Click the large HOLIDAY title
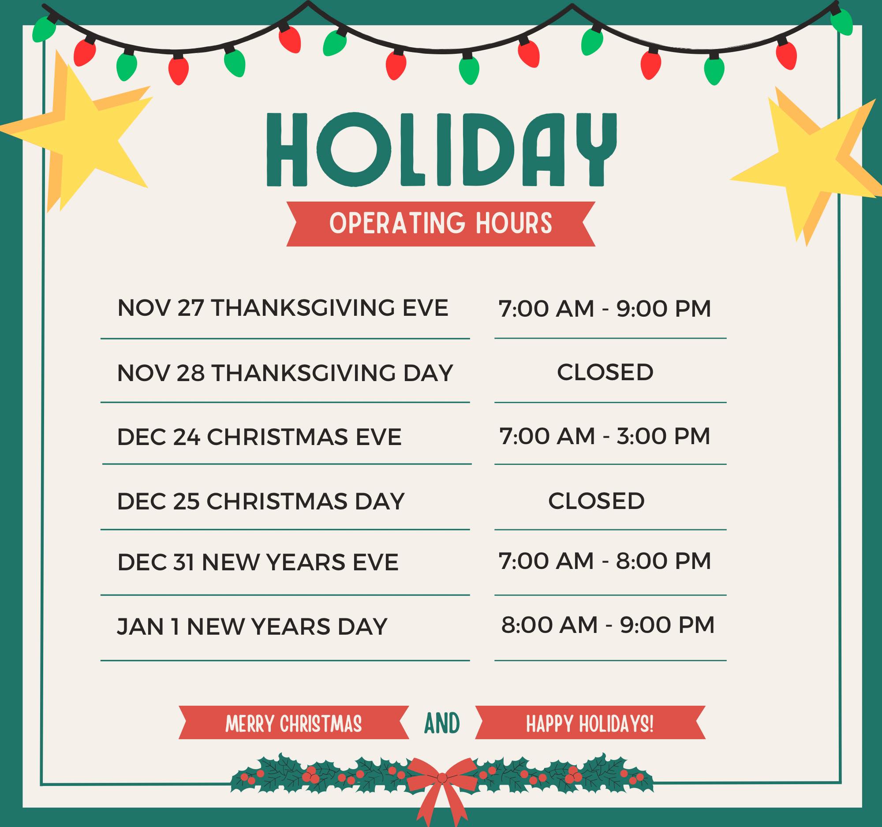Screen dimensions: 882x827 441,149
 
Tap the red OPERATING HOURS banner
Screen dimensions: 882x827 441,224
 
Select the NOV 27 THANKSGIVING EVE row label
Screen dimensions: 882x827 283,308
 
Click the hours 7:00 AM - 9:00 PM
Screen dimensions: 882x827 605,308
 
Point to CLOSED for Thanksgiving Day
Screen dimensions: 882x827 605,372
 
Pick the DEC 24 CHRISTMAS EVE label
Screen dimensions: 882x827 259,437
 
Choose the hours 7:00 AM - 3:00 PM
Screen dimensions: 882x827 605,436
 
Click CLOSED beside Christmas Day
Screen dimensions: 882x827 596,501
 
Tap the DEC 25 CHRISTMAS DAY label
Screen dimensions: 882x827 261,501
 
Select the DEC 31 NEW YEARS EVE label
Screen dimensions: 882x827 258,562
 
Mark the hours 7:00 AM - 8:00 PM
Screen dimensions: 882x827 605,561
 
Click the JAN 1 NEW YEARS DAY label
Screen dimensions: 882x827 252,626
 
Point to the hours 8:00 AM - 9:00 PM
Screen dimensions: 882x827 608,625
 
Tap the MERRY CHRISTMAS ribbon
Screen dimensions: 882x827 294,724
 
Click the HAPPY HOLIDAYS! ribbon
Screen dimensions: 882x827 590,724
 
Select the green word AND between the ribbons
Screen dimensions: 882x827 442,724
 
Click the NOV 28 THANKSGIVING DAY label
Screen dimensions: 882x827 285,373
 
